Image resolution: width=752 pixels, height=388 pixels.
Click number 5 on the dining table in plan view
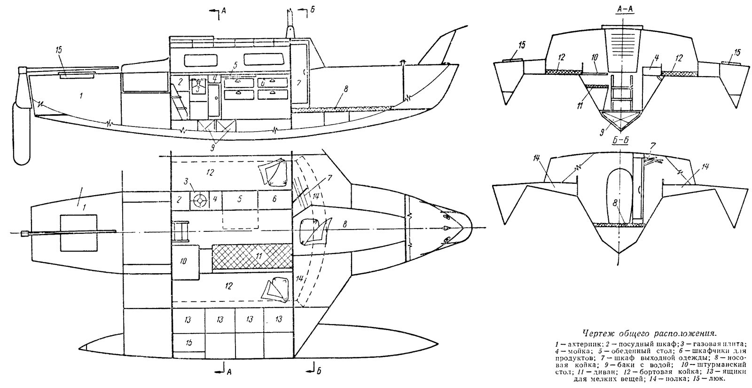239,199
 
